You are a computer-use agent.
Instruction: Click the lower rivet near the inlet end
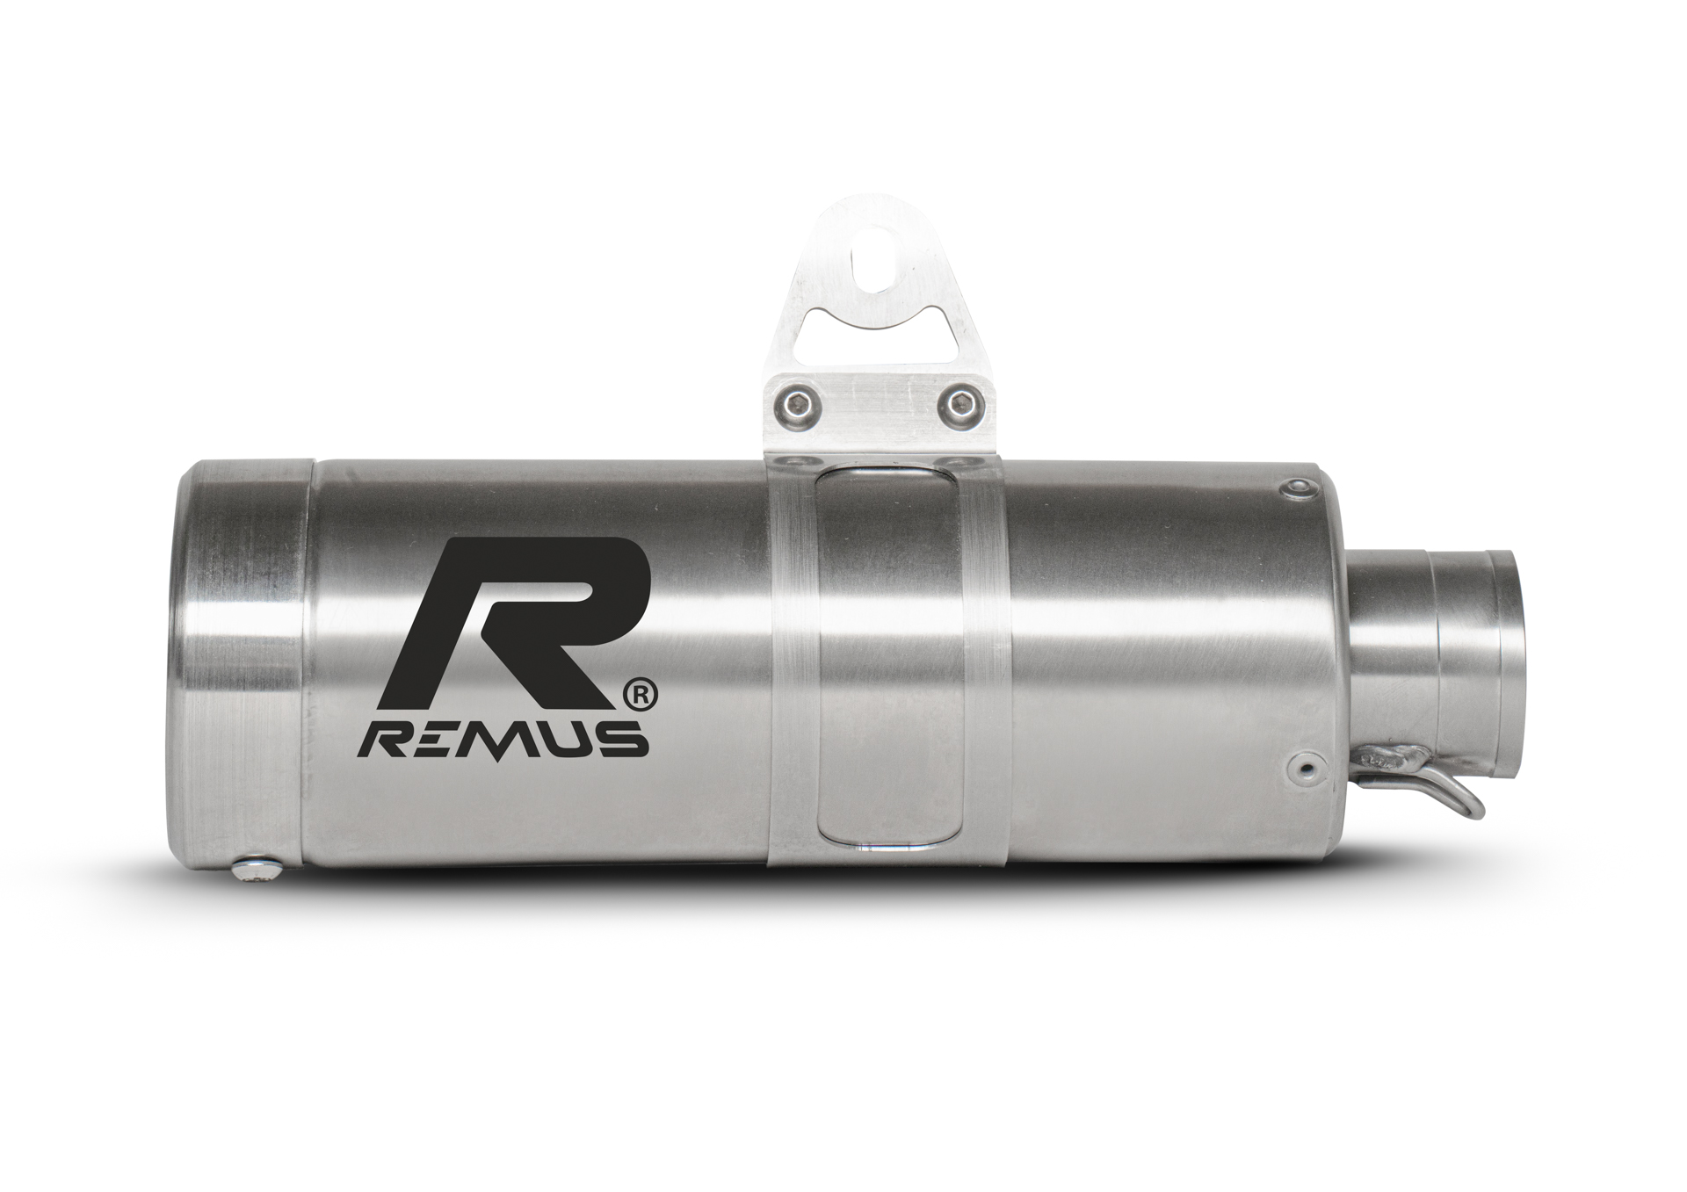[x=1306, y=769]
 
